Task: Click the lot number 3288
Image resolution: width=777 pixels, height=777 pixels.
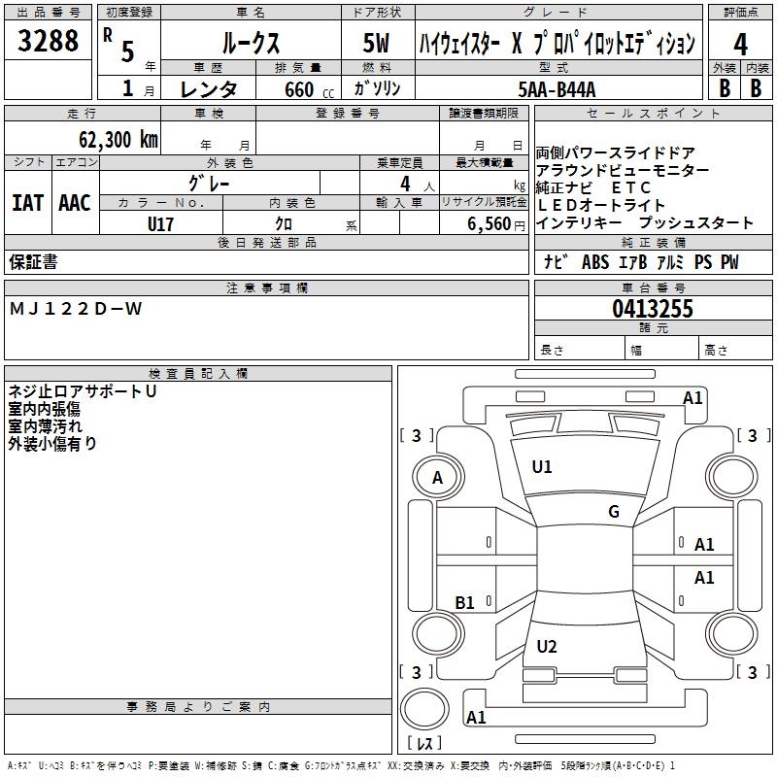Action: pyautogui.click(x=49, y=42)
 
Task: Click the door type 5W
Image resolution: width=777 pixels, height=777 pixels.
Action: pyautogui.click(x=377, y=43)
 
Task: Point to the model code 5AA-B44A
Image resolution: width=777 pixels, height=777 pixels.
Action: pyautogui.click(x=557, y=88)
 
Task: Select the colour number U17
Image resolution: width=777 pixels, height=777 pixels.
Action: pyautogui.click(x=161, y=222)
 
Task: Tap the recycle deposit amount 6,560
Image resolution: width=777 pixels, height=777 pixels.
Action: pyautogui.click(x=489, y=223)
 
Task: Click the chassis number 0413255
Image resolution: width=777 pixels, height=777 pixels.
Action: pyautogui.click(x=652, y=309)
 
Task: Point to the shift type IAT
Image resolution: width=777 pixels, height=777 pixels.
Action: pyautogui.click(x=27, y=202)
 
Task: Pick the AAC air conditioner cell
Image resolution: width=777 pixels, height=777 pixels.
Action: pyautogui.click(x=74, y=202)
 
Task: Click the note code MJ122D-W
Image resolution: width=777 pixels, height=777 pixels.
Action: pyautogui.click(x=76, y=309)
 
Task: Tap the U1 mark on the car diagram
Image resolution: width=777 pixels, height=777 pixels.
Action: pyautogui.click(x=542, y=467)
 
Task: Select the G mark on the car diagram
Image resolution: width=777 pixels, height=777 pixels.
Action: pyautogui.click(x=614, y=512)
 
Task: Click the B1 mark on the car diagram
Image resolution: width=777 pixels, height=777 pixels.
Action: pyautogui.click(x=465, y=602)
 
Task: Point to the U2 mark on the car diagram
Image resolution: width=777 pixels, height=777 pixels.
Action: pyautogui.click(x=547, y=646)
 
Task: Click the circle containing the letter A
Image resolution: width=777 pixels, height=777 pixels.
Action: pyautogui.click(x=437, y=477)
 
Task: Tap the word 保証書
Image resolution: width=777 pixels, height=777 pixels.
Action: pyautogui.click(x=33, y=262)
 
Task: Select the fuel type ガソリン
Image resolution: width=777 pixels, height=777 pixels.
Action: pyautogui.click(x=378, y=88)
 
